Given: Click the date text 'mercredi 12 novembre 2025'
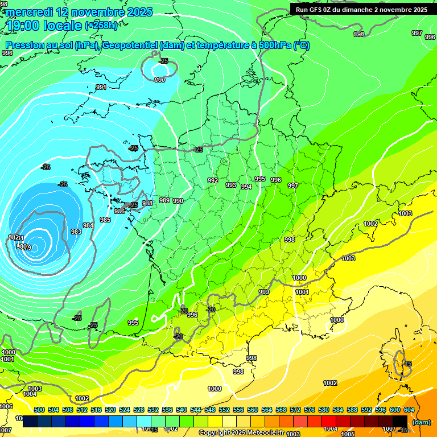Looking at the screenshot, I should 79,12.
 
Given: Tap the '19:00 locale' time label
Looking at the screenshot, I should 44,25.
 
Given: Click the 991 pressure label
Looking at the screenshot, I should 101,87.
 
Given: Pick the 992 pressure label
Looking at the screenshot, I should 213,180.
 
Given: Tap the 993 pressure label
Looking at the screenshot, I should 231,185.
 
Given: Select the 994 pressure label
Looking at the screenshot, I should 246,187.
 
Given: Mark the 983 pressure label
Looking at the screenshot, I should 76,232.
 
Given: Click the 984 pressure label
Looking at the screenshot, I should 88,225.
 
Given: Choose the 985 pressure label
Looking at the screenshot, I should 105,220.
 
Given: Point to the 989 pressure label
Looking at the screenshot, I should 164,200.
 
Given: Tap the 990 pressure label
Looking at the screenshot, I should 178,201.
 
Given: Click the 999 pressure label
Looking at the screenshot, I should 264,292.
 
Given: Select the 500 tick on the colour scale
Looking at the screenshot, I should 39,410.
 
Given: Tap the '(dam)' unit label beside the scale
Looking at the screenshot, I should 421,422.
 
